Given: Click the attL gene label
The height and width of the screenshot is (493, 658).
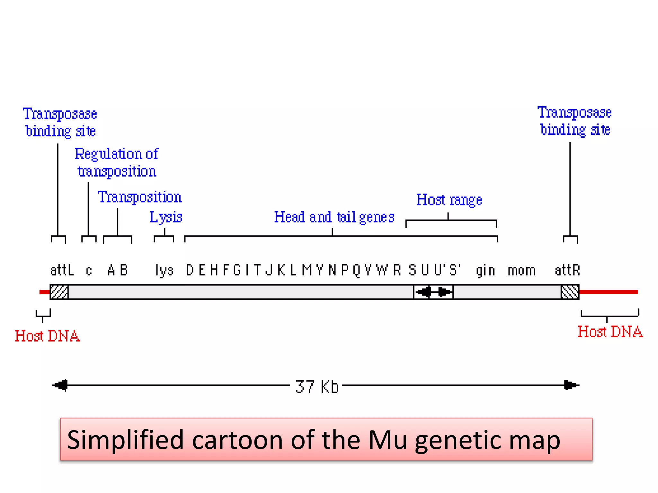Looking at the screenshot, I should (x=62, y=270).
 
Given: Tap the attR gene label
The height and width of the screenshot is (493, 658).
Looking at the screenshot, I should (x=567, y=270).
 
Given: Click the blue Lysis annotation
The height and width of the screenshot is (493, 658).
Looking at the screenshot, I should (x=166, y=217).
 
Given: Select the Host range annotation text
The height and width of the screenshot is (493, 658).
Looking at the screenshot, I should (x=449, y=200).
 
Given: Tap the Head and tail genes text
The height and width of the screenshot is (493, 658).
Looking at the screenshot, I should (x=334, y=217).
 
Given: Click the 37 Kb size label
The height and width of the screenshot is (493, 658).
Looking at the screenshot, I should (x=317, y=386).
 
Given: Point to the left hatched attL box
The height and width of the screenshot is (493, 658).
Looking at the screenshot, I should (x=59, y=292).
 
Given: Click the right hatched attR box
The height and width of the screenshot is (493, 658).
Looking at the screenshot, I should (x=570, y=292).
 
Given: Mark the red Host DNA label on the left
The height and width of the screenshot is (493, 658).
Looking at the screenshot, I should (x=48, y=336).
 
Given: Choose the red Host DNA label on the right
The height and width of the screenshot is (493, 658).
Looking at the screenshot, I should (x=610, y=332).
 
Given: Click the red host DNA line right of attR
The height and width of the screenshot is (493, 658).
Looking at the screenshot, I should (x=609, y=292).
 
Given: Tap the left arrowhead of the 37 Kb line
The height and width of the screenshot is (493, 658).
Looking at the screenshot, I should (x=61, y=385).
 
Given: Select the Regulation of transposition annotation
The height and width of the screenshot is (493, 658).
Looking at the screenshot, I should (x=117, y=162).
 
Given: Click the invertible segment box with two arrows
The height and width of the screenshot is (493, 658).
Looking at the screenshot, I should (x=433, y=292).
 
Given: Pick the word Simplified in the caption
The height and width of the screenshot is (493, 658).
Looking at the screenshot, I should (x=126, y=440).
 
